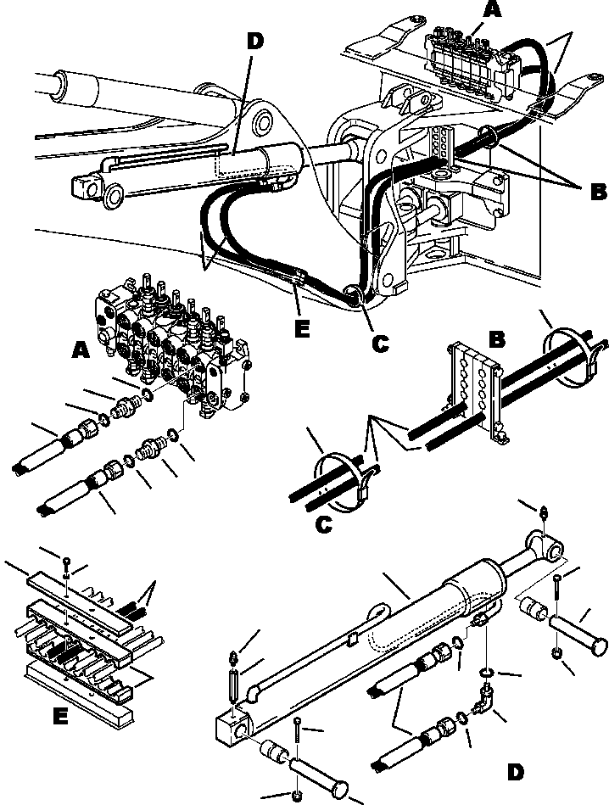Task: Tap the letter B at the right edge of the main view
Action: [598, 191]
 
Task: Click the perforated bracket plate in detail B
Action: [472, 387]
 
